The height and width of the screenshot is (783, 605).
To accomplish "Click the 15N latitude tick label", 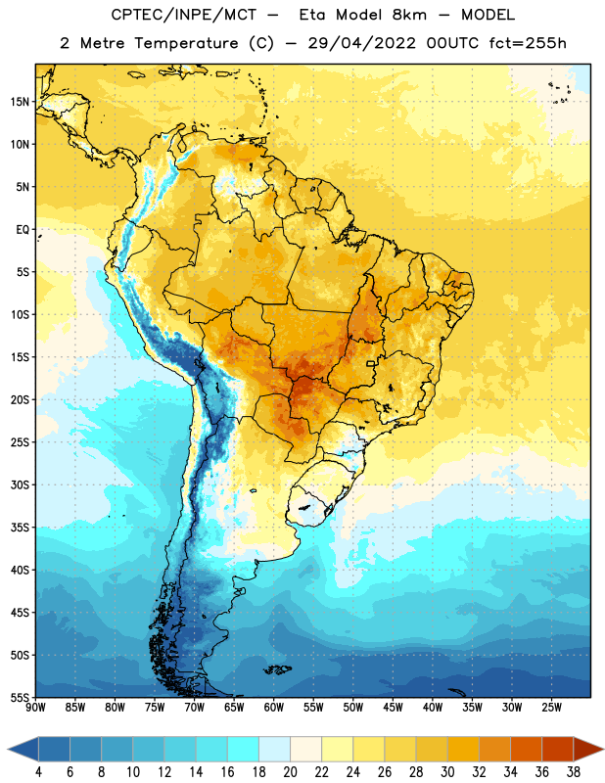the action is pos(20,102).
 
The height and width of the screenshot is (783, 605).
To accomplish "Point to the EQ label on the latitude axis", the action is pos(23,230).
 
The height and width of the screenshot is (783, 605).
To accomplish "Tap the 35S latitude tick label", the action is pos(20,528).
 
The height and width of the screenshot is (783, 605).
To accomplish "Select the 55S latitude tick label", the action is pos(20,697).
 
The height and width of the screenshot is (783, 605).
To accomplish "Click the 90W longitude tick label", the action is pos(35,708).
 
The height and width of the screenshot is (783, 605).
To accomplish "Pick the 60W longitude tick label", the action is pos(274,708).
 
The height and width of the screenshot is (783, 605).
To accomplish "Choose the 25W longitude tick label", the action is pos(551,708).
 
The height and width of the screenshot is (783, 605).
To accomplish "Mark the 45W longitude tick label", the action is pos(393,708).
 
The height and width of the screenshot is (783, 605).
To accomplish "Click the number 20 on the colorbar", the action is pos(290,772).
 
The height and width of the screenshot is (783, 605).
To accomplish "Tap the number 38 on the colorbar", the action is pos(573,772).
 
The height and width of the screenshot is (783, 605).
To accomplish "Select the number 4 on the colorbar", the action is pos(38,772).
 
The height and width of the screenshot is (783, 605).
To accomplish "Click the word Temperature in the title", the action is pos(186,43).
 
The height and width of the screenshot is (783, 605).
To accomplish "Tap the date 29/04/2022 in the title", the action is pos(361,43).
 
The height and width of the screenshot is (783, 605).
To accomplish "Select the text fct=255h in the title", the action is pos(528,43).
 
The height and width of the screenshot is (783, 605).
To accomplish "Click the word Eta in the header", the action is pos(311,15).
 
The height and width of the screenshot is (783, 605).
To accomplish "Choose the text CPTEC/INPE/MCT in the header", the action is pos(183,15).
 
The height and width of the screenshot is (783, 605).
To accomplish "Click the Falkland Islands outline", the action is pos(277,669).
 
